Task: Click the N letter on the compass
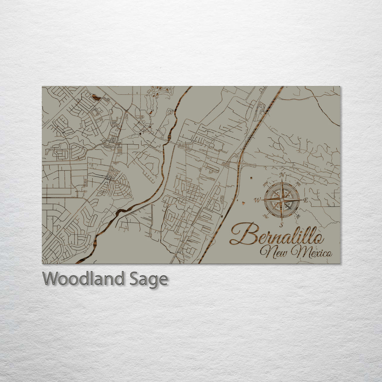point(282,175)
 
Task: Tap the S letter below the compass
point(281,225)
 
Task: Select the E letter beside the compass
point(306,200)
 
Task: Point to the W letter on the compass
point(257,200)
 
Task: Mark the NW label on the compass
point(265,184)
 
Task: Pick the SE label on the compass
point(298,216)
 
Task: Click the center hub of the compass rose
point(282,200)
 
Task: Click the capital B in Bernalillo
point(244,234)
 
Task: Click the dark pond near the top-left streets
point(96,97)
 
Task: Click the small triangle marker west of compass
point(243,203)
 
